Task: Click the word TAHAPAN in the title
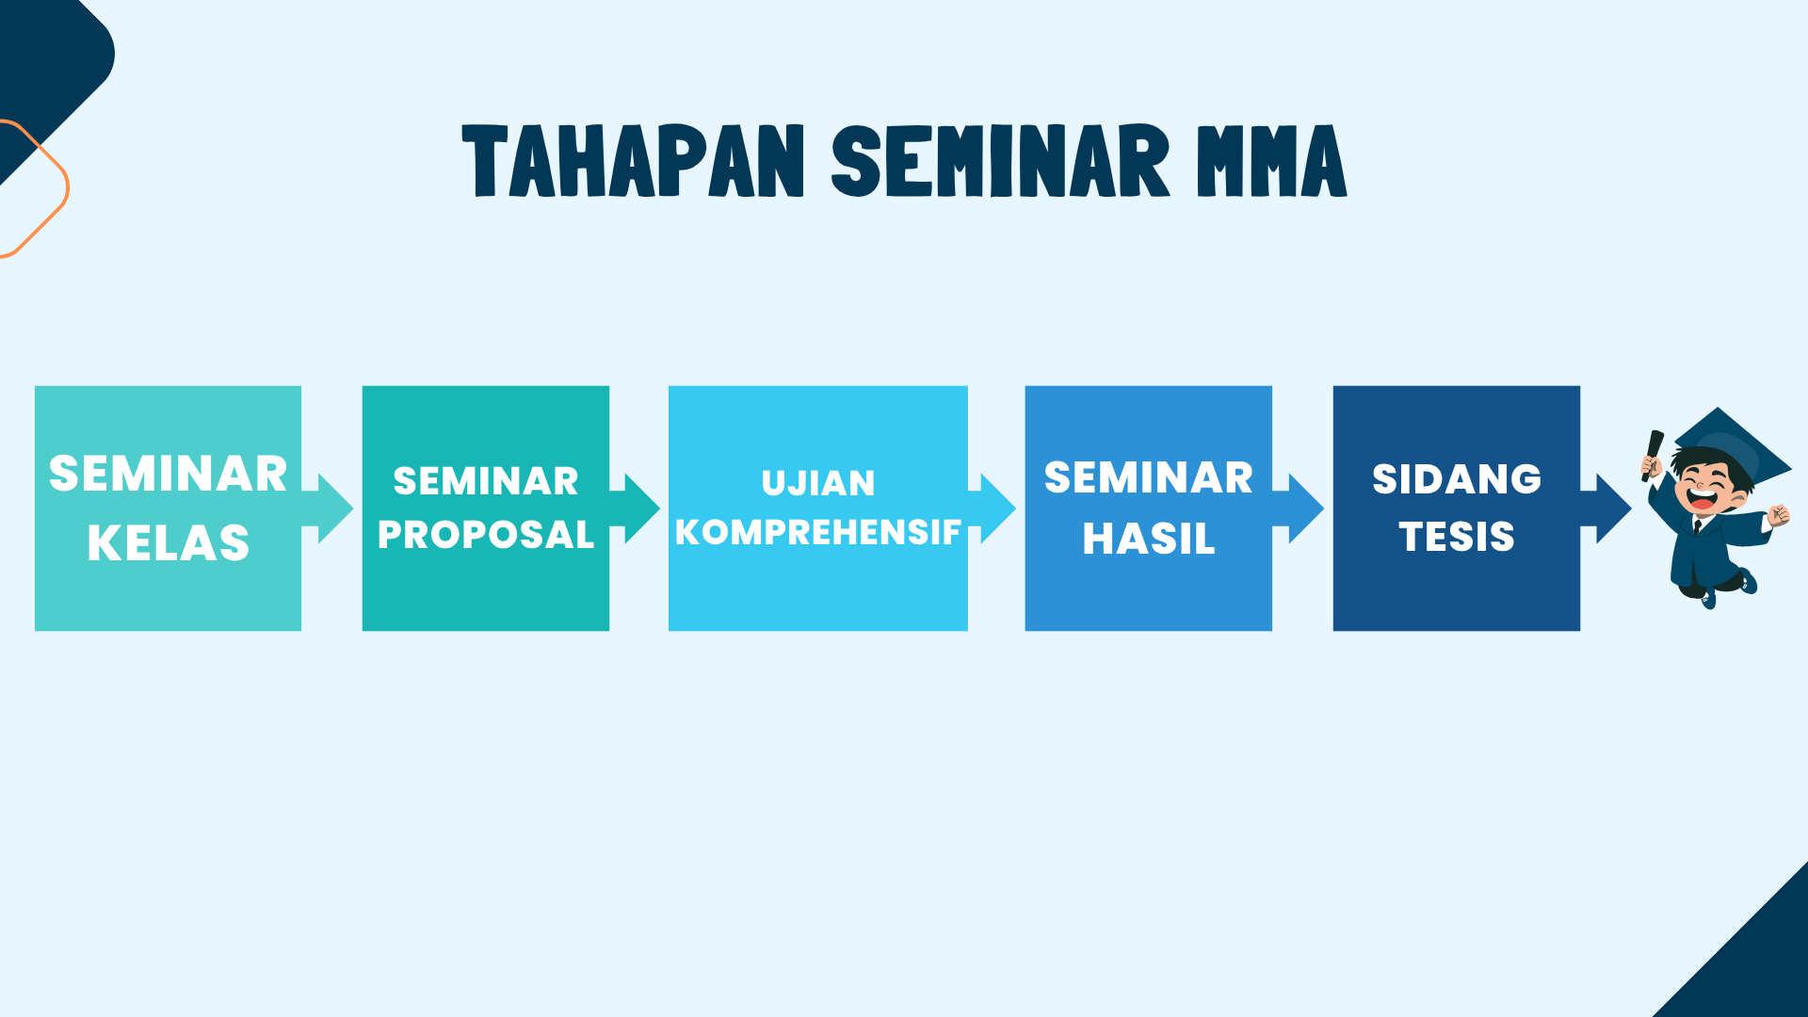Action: [634, 161]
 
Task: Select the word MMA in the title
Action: [1271, 161]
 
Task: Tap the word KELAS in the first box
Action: [169, 543]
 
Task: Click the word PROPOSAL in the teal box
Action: [486, 535]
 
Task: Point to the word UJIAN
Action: [818, 483]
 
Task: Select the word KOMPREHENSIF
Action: [818, 532]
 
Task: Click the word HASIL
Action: [1149, 539]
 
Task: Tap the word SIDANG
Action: [1457, 479]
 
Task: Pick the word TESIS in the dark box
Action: [1457, 537]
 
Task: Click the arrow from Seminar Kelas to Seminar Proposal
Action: [327, 508]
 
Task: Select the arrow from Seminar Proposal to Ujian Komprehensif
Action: [634, 508]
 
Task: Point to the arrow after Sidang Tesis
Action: [1606, 508]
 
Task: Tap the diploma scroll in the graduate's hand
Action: [1652, 456]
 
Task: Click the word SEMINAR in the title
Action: [1000, 161]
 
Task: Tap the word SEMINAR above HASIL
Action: [1149, 477]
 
